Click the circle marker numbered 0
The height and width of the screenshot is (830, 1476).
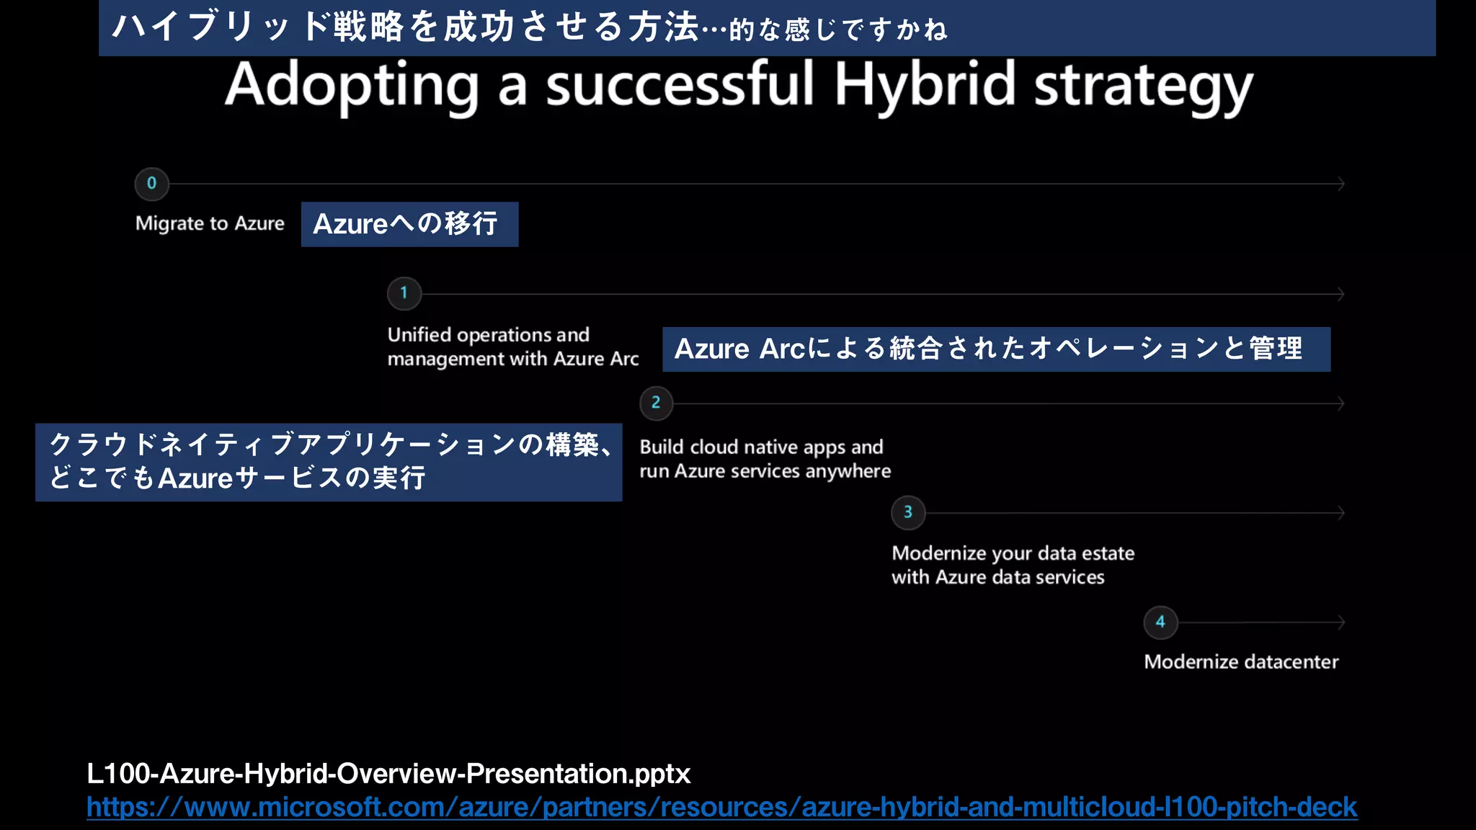(x=151, y=184)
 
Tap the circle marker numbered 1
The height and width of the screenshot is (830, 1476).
(x=404, y=293)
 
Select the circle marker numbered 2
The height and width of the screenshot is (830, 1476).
(x=656, y=403)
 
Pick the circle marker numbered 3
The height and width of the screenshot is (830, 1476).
(x=908, y=512)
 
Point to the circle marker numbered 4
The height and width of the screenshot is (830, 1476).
(x=1160, y=622)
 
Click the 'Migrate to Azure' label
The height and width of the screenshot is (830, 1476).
(x=210, y=223)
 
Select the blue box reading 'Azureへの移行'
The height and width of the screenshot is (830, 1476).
(x=409, y=224)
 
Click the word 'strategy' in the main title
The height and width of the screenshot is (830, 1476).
(x=1143, y=86)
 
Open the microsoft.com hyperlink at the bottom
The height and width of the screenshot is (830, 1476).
(x=721, y=807)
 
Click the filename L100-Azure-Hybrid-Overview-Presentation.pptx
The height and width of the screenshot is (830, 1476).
(x=388, y=774)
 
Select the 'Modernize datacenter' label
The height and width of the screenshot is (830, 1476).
(x=1240, y=661)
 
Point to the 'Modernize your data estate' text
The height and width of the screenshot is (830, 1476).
(x=1013, y=553)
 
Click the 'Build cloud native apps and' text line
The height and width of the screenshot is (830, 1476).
(x=761, y=447)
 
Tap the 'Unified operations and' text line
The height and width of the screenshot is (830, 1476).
(x=488, y=335)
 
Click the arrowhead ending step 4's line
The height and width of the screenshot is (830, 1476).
(x=1341, y=622)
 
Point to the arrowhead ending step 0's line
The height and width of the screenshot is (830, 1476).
(x=1341, y=184)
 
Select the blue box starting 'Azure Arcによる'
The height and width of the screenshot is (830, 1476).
(x=996, y=349)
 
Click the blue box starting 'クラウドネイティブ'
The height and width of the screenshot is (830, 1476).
(x=328, y=462)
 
